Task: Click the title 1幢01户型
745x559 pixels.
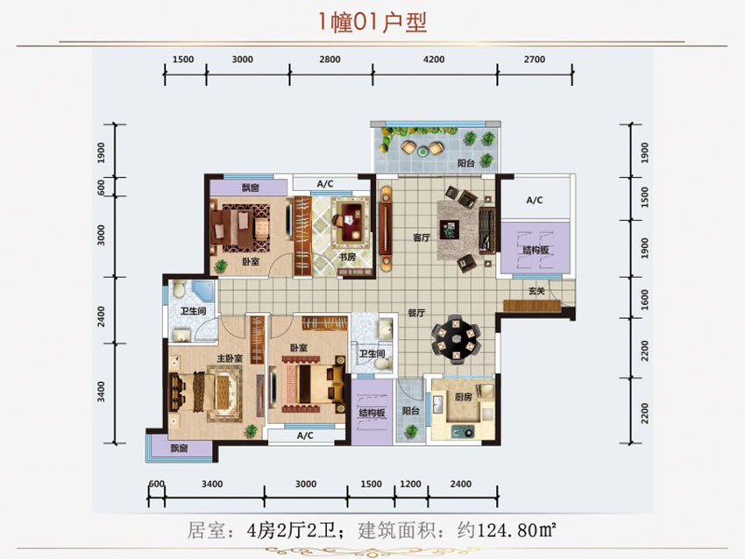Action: [x=372, y=21]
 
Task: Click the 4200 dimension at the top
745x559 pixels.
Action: [x=434, y=60]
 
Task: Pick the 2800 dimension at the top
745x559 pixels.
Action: [x=330, y=60]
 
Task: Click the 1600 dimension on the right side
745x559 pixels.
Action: [x=645, y=300]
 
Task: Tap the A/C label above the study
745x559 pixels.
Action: [x=325, y=184]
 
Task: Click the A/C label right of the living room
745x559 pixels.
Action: [x=535, y=201]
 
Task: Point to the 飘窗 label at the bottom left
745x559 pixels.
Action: [x=179, y=449]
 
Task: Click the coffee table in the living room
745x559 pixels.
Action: [x=451, y=230]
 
